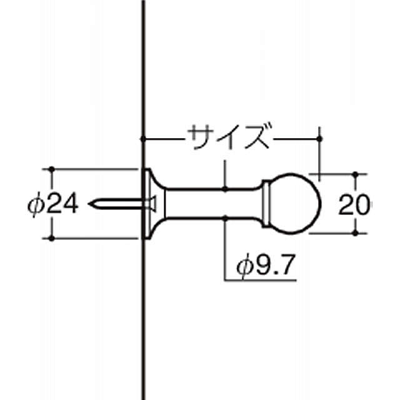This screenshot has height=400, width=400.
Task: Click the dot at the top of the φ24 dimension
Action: pyautogui.click(x=51, y=169)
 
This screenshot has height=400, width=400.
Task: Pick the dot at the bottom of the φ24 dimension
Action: pyautogui.click(x=51, y=237)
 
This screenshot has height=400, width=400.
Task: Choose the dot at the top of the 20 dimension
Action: pyautogui.click(x=356, y=173)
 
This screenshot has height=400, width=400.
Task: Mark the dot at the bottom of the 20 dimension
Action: pyautogui.click(x=356, y=232)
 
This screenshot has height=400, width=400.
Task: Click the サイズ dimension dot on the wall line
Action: pyautogui.click(x=143, y=137)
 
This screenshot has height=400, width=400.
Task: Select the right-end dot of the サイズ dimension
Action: pyautogui.click(x=320, y=137)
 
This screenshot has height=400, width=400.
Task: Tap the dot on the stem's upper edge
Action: pyautogui.click(x=225, y=188)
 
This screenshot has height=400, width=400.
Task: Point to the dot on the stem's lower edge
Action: pyautogui.click(x=225, y=217)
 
